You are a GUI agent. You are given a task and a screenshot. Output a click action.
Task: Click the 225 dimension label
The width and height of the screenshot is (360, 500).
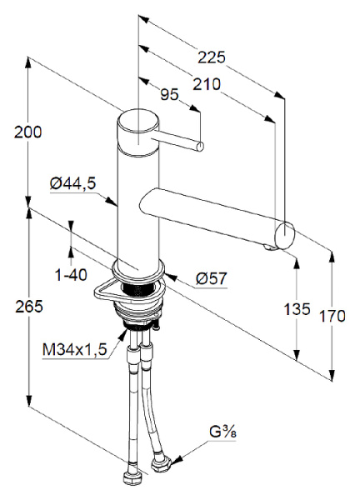point(211,57)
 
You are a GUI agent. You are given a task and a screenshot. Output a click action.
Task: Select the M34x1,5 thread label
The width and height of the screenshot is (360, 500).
point(75,350)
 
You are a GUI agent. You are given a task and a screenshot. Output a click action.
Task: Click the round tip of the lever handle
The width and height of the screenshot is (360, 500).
point(200,148)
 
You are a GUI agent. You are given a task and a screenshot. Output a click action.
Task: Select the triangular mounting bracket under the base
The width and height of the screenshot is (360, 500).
point(109,290)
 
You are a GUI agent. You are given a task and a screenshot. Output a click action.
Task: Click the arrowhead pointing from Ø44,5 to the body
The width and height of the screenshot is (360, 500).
point(116,202)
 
